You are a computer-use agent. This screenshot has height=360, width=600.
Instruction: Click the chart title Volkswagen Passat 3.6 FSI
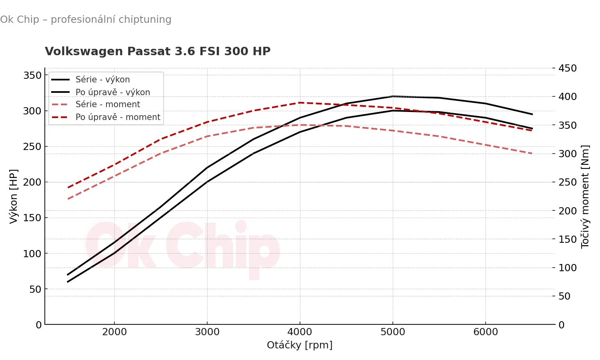click(158, 52)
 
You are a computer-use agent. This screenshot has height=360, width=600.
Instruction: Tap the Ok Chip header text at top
click(86, 20)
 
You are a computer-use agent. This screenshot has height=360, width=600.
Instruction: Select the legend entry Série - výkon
click(102, 80)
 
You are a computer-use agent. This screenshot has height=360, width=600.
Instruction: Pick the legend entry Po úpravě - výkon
click(112, 92)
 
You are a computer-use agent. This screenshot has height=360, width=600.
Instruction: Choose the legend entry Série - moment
click(108, 104)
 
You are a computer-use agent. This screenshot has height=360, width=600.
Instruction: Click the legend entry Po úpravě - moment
click(118, 117)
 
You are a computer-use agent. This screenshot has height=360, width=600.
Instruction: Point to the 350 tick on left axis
click(32, 76)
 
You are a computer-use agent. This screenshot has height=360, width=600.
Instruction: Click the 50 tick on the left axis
click(35, 289)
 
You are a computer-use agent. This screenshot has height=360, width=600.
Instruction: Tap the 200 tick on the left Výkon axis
click(32, 182)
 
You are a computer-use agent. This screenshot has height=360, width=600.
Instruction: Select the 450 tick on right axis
click(568, 68)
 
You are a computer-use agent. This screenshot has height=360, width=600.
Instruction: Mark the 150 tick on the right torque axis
click(568, 239)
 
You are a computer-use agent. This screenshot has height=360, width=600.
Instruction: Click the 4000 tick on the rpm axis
click(300, 332)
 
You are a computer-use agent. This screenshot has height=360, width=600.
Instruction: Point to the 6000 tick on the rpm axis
click(485, 332)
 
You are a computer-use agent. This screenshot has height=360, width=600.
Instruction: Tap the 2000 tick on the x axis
click(114, 332)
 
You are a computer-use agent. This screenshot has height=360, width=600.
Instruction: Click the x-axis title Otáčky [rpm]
click(300, 345)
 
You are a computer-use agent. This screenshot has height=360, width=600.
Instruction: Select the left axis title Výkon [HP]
click(14, 196)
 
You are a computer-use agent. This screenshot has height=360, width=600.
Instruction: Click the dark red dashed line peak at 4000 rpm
click(300, 103)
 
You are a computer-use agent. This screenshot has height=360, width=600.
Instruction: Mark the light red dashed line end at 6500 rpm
click(532, 154)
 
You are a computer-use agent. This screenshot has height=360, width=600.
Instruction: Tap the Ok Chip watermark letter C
click(185, 245)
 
